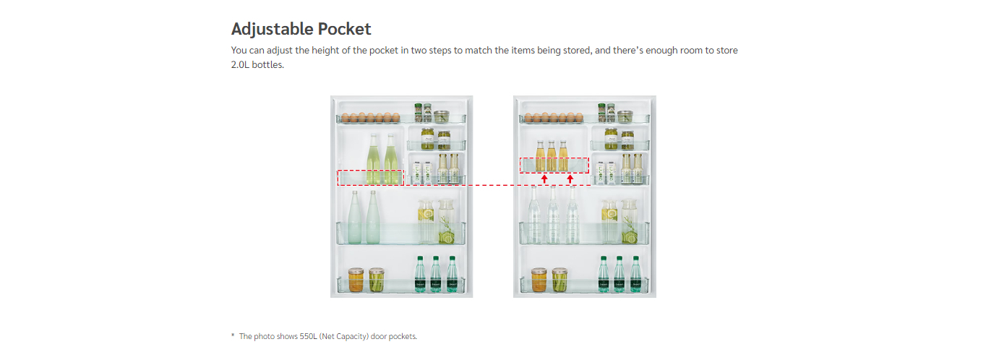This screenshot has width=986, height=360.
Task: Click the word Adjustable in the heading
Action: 272,30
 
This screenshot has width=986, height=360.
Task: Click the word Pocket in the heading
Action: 344,29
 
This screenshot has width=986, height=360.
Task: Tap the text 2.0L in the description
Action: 240,64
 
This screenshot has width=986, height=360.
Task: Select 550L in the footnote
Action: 308,336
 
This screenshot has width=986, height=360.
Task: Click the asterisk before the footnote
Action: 233,335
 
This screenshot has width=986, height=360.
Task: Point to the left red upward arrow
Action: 544,179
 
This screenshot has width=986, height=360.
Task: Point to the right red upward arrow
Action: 570,179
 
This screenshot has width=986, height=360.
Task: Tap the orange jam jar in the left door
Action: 356,280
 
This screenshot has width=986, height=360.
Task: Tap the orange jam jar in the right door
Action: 539,280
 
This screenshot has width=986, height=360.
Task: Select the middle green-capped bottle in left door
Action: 435,274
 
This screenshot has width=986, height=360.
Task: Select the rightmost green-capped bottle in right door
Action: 635,274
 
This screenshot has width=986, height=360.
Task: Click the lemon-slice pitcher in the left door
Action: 426,221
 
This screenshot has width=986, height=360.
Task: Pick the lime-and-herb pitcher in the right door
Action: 630,221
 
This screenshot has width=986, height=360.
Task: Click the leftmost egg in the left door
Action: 345,118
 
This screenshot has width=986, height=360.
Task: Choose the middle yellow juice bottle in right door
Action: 552,155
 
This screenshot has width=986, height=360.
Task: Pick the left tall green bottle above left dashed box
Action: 373,158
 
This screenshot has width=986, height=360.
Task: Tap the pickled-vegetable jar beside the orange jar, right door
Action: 560,280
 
